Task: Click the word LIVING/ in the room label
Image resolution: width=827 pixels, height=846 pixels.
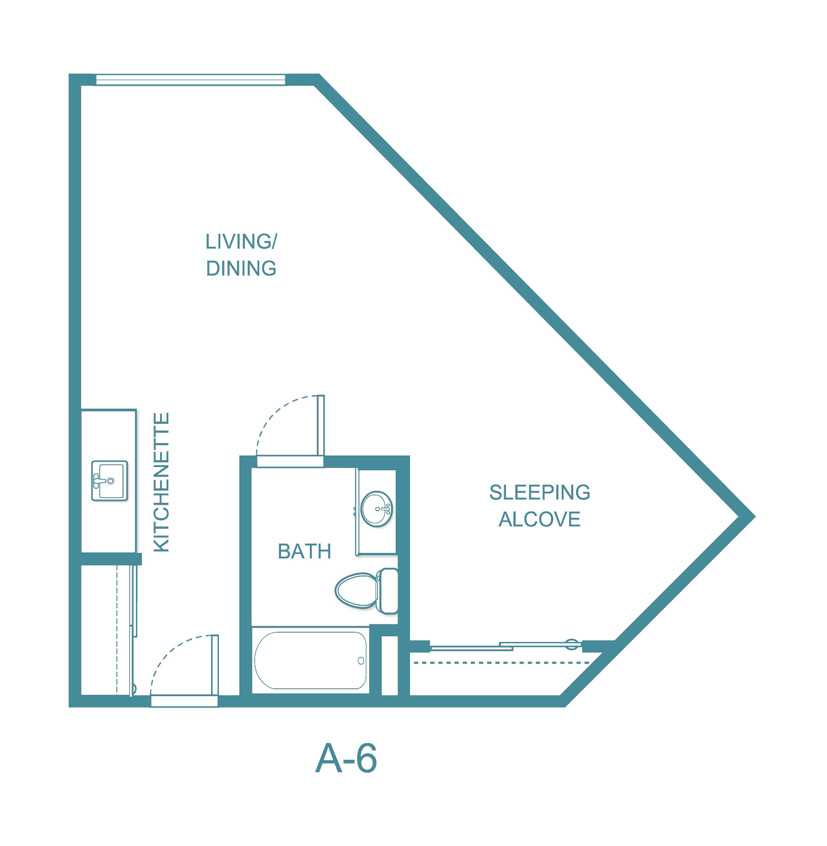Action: tap(241, 242)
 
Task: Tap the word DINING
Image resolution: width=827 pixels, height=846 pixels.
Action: tap(241, 269)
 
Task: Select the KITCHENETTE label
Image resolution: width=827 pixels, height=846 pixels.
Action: tap(161, 482)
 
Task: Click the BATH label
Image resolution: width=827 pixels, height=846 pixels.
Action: tap(304, 551)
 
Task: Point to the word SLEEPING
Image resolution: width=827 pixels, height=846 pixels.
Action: tap(539, 493)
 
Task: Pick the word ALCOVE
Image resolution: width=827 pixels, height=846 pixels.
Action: tap(539, 519)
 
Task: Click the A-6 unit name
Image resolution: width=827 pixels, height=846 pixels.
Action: tap(346, 759)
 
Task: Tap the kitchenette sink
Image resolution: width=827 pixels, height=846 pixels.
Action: tap(109, 481)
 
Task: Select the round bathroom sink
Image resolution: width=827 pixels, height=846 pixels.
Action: tap(376, 509)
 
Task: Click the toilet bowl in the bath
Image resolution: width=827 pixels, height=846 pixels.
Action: tap(356, 590)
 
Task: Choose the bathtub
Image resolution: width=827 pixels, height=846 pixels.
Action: tap(310, 660)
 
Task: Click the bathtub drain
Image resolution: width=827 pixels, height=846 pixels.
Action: tap(361, 660)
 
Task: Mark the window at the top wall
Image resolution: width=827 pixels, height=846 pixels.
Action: tap(190, 80)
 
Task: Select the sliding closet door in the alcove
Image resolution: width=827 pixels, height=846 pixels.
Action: tap(506, 645)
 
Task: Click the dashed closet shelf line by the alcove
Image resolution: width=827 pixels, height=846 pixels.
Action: tap(501, 663)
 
